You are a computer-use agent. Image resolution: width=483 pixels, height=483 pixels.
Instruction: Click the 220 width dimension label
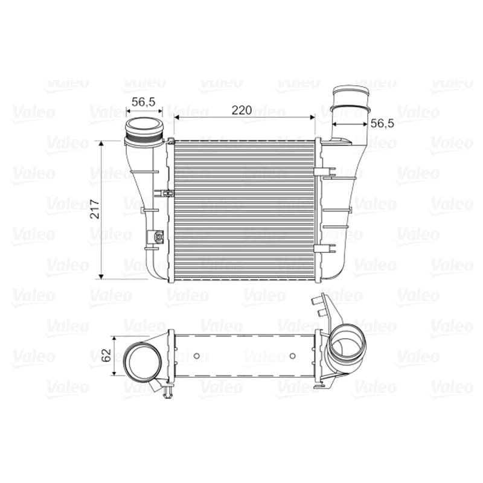point(241,110)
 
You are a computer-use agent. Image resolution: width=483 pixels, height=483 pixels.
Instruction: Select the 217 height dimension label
point(95,209)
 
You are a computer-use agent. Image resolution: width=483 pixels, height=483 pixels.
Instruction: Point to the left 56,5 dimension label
point(143,102)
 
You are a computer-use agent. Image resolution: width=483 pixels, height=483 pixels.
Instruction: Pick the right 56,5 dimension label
point(382,124)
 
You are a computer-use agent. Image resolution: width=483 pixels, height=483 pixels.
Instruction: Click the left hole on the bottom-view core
point(197,356)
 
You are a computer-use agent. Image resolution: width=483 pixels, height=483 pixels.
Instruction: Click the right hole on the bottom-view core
point(293,356)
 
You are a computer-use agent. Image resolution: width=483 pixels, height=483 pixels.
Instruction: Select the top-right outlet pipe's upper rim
point(351,90)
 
